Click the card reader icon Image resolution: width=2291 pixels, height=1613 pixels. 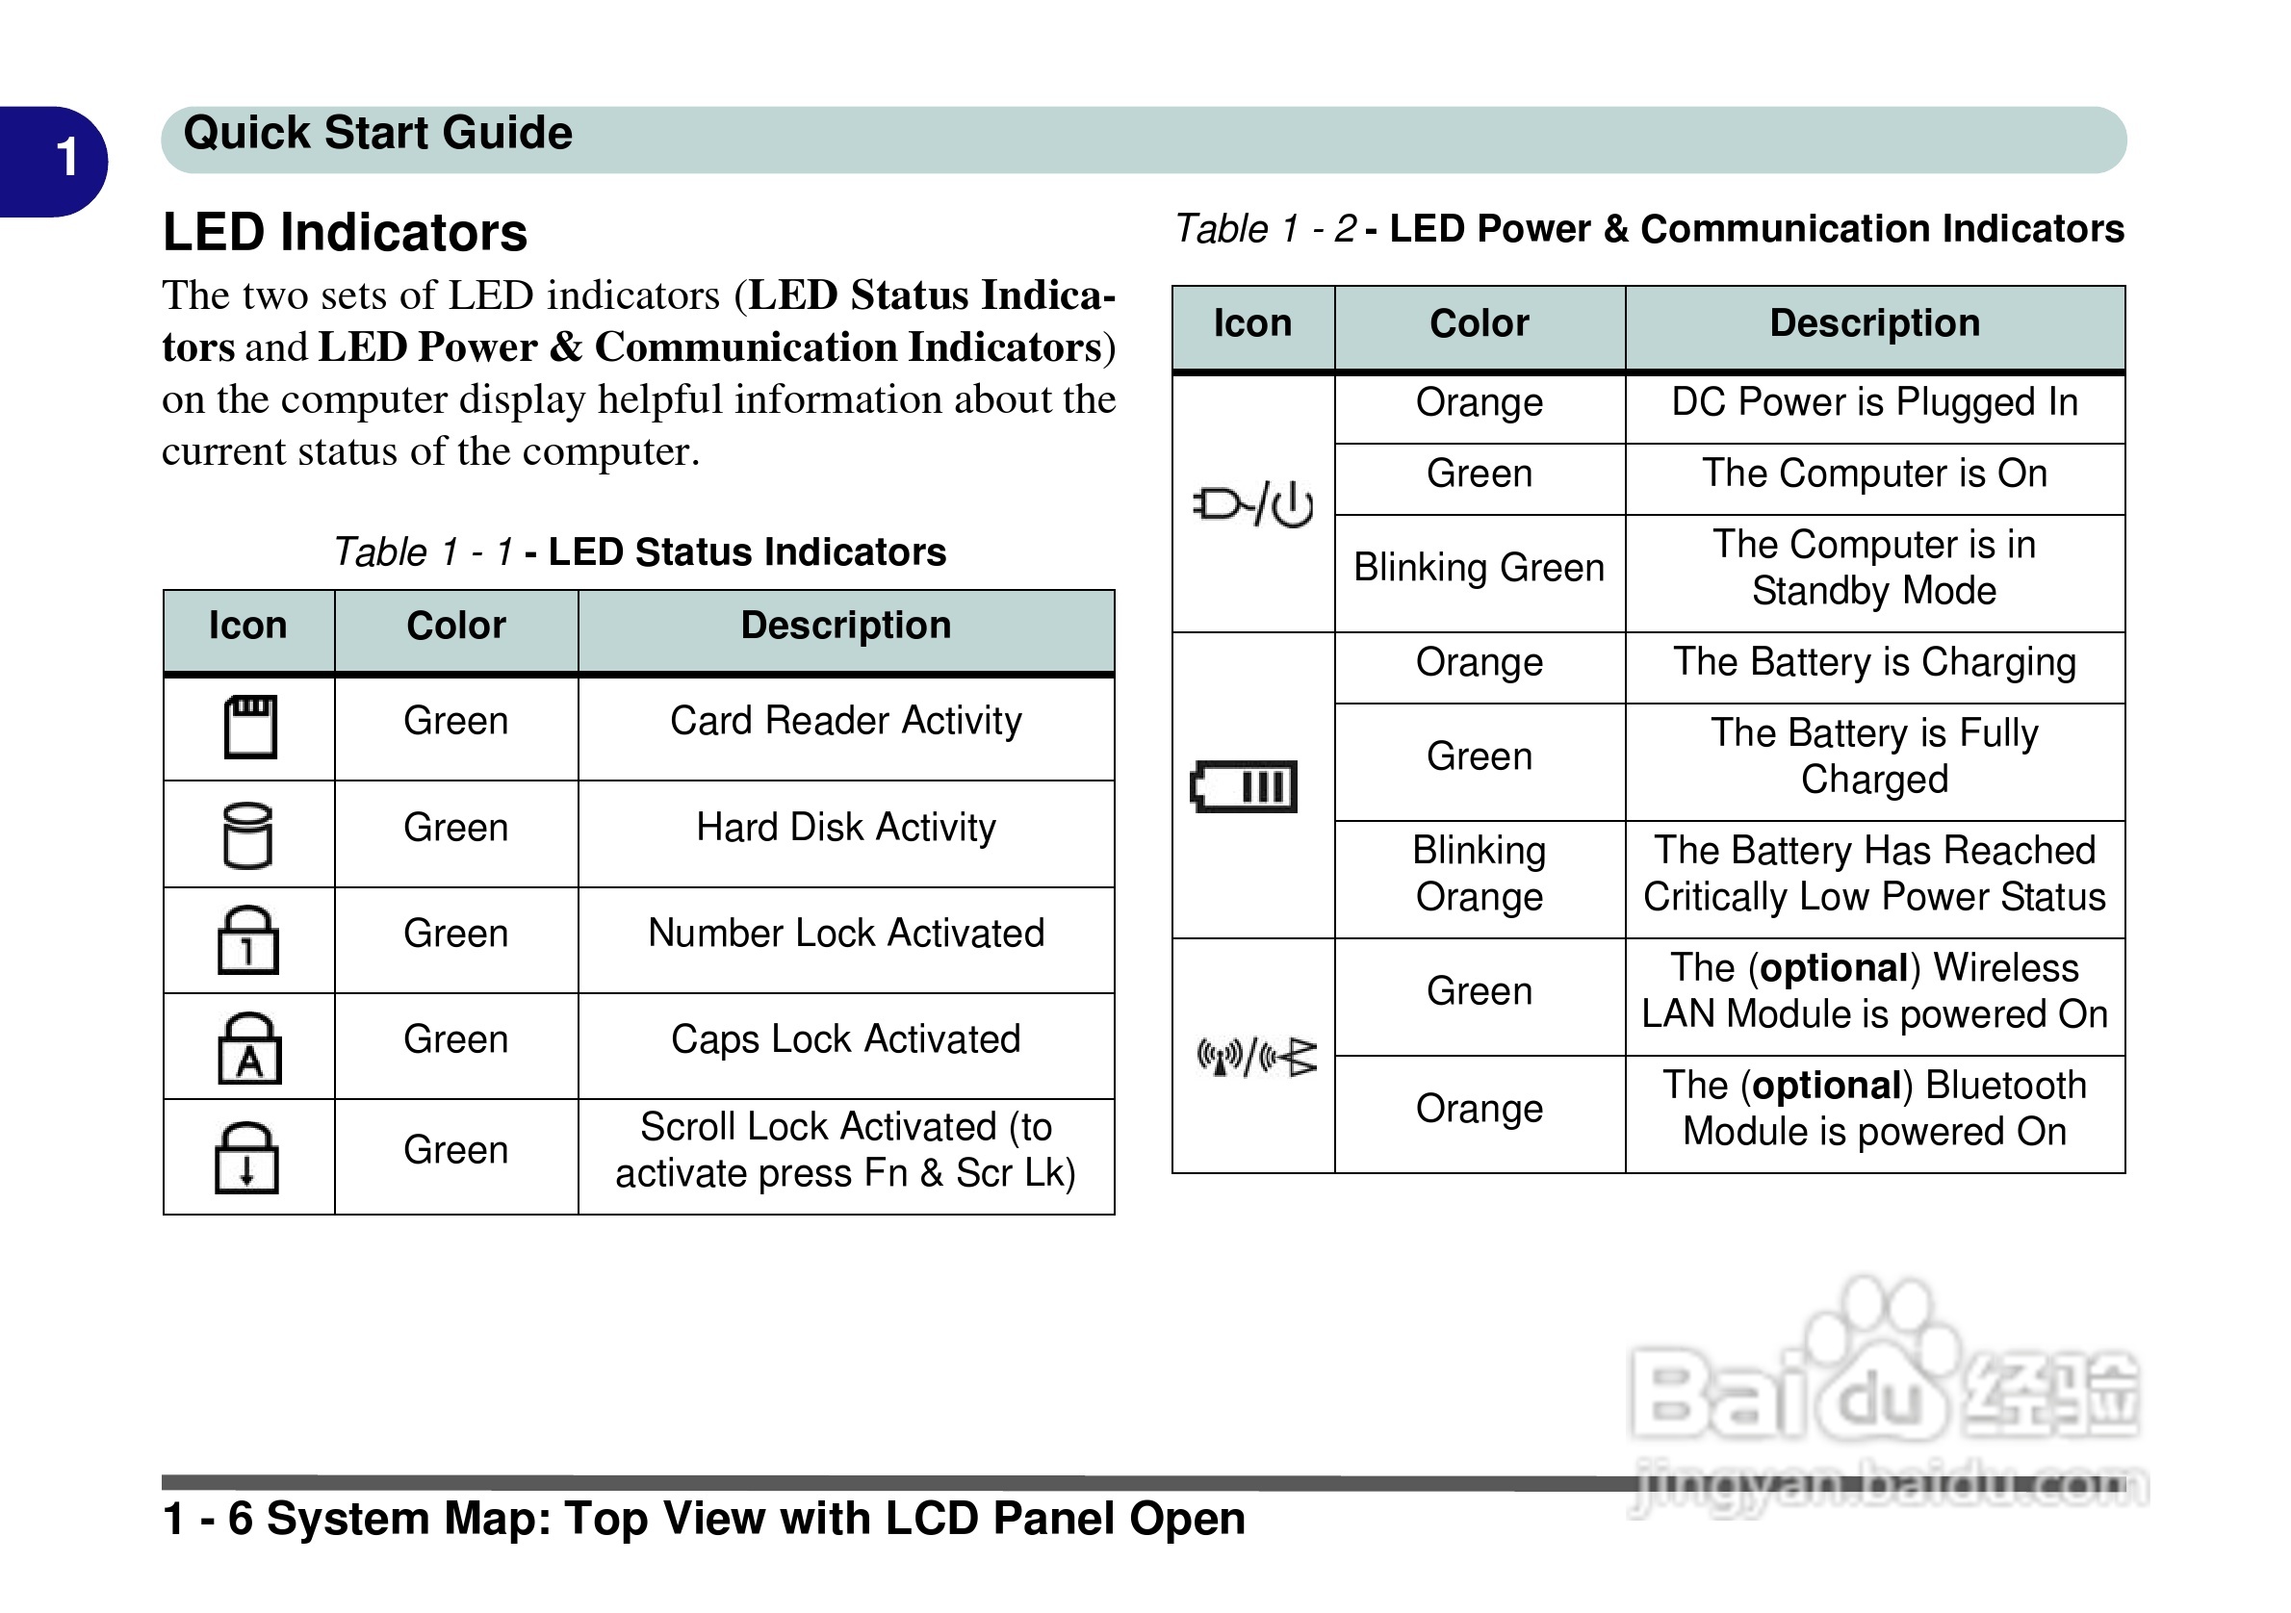click(249, 727)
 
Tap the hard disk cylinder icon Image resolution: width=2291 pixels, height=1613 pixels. click(246, 835)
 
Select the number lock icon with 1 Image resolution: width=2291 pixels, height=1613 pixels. click(247, 939)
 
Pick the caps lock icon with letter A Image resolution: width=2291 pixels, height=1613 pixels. click(249, 1047)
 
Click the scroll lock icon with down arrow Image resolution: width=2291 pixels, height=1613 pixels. click(246, 1157)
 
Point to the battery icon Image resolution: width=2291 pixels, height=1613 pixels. click(1244, 786)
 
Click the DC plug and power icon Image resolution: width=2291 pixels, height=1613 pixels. click(1252, 504)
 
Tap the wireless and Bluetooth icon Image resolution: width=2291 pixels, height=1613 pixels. click(1256, 1057)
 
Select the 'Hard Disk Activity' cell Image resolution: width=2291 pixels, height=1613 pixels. click(845, 828)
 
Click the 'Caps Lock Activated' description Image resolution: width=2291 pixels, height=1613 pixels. click(845, 1039)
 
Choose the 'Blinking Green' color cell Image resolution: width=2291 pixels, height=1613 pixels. click(1479, 568)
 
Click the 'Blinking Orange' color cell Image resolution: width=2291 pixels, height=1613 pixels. click(1479, 874)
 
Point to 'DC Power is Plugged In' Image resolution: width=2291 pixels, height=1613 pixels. click(1874, 402)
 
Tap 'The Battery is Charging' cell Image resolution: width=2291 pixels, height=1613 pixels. click(1874, 662)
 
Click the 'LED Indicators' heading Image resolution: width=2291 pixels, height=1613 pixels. click(345, 233)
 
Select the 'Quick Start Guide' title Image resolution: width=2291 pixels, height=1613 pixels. click(377, 134)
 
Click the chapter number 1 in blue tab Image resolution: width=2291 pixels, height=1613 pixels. click(65, 158)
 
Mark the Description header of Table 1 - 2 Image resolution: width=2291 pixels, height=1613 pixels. click(1874, 323)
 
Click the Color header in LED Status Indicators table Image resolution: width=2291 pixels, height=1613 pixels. click(456, 626)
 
